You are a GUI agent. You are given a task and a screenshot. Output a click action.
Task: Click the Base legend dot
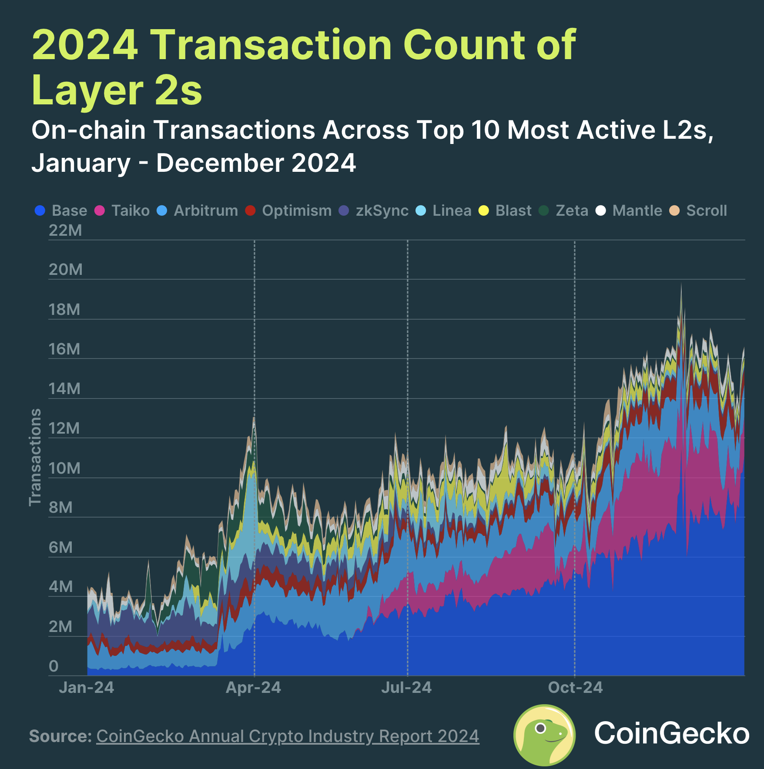point(40,211)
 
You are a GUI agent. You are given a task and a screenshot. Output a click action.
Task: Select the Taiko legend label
point(130,211)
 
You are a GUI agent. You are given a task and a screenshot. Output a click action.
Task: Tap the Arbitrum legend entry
point(205,211)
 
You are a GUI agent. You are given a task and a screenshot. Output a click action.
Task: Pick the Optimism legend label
point(296,211)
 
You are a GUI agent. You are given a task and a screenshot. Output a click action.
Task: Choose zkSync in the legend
point(382,211)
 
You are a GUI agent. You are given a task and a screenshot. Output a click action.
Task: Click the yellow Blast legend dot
point(483,211)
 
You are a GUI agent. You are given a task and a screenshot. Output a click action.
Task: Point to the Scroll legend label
point(706,211)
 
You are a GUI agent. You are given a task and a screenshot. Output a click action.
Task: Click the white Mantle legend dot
point(600,211)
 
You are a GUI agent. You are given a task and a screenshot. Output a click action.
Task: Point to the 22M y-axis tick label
point(65,231)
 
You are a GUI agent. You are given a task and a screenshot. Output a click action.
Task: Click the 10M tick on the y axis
point(64,468)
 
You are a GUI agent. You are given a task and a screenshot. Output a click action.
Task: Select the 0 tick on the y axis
point(54,666)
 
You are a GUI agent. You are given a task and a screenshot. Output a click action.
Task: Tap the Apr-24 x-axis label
point(253,688)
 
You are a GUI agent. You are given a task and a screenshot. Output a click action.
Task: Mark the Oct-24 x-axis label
point(575,688)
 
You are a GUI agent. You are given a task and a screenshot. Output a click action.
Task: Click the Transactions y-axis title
point(35,457)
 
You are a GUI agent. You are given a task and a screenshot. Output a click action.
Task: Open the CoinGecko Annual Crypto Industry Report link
point(288,736)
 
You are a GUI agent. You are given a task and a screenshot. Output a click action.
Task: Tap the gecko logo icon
point(544,735)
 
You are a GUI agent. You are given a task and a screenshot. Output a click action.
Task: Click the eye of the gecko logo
point(540,728)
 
